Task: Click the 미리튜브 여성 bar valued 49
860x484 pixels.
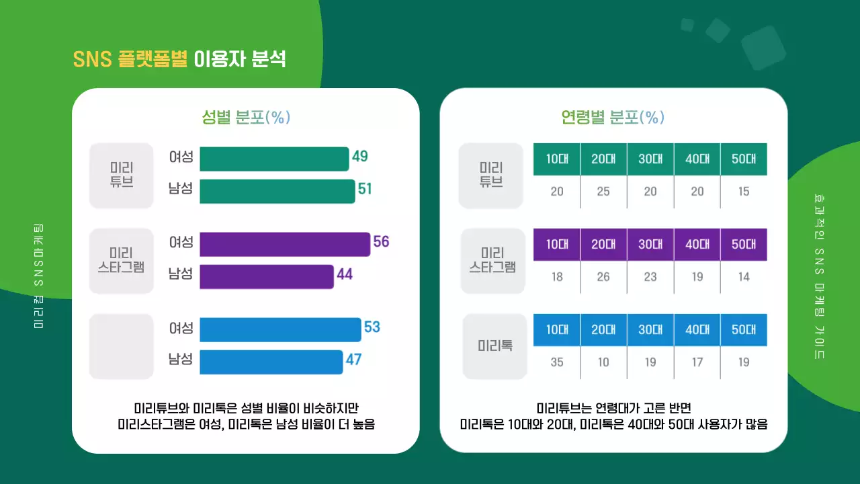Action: coord(274,159)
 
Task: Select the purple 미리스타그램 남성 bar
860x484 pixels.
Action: coord(267,276)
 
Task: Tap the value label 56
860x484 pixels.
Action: coord(381,242)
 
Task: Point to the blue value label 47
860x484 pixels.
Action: coord(353,360)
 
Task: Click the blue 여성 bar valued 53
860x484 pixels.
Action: coord(280,329)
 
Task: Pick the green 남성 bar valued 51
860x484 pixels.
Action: coord(277,191)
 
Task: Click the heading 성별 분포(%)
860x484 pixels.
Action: coord(246,117)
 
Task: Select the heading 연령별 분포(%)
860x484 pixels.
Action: coord(612,117)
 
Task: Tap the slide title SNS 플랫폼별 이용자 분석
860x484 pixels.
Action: coord(179,59)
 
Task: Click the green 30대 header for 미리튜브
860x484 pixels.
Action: coord(650,159)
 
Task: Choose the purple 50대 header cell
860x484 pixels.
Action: coord(744,245)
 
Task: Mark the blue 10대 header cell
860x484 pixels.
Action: coord(557,330)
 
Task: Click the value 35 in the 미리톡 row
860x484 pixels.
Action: coord(557,362)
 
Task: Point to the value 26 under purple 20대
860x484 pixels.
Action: coord(603,277)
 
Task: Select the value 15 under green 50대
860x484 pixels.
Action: coord(744,192)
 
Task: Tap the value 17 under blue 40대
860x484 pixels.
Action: coord(697,362)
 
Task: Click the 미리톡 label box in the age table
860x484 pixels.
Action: coord(495,346)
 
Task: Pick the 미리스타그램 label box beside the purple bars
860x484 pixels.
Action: coord(122,261)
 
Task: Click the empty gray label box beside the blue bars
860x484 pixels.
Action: coord(122,346)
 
